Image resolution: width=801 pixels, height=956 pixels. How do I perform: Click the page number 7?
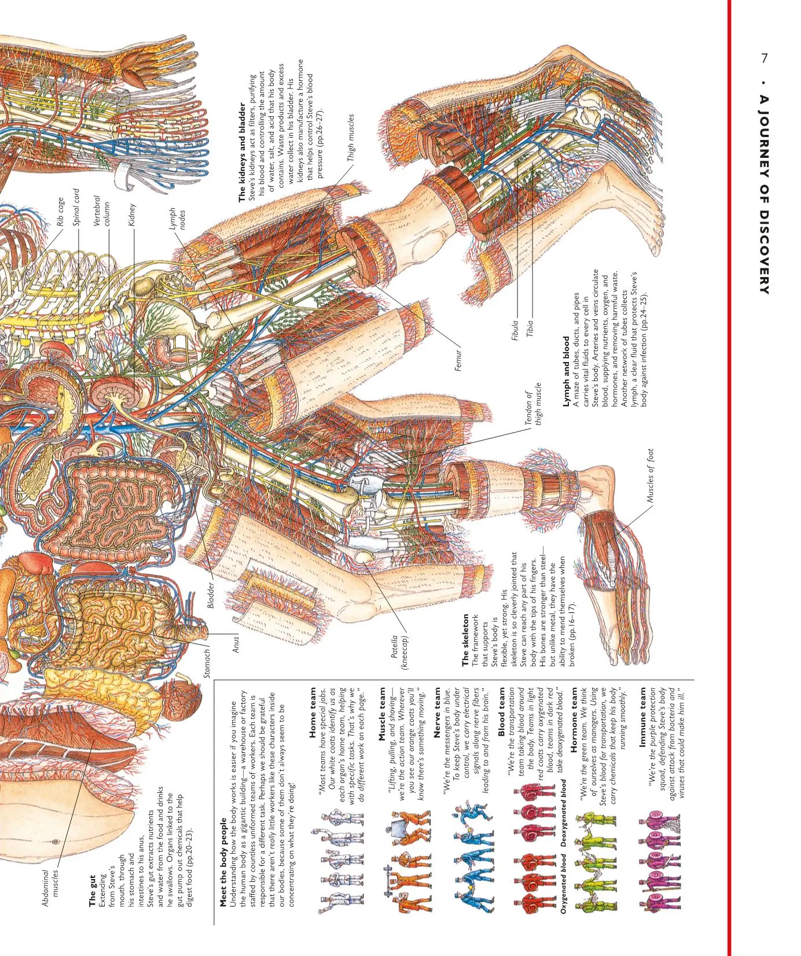point(765,58)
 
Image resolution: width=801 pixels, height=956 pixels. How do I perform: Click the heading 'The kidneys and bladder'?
point(242,152)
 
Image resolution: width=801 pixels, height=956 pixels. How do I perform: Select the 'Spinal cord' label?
point(76,207)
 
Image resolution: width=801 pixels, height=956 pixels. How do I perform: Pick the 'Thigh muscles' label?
point(351,138)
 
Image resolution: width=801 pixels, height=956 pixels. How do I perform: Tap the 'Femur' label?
point(458,360)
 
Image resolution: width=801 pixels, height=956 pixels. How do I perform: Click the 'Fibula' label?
point(515,330)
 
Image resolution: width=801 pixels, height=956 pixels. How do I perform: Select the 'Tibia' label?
point(530,328)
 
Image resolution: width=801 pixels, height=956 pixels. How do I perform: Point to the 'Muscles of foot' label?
point(651,475)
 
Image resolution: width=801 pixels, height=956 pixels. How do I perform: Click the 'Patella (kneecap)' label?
point(399,652)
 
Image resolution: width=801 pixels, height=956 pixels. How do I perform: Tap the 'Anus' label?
point(235,644)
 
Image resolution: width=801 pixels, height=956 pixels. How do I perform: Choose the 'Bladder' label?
point(211,595)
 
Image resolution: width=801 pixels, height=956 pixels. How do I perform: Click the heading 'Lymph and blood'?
point(566,371)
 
